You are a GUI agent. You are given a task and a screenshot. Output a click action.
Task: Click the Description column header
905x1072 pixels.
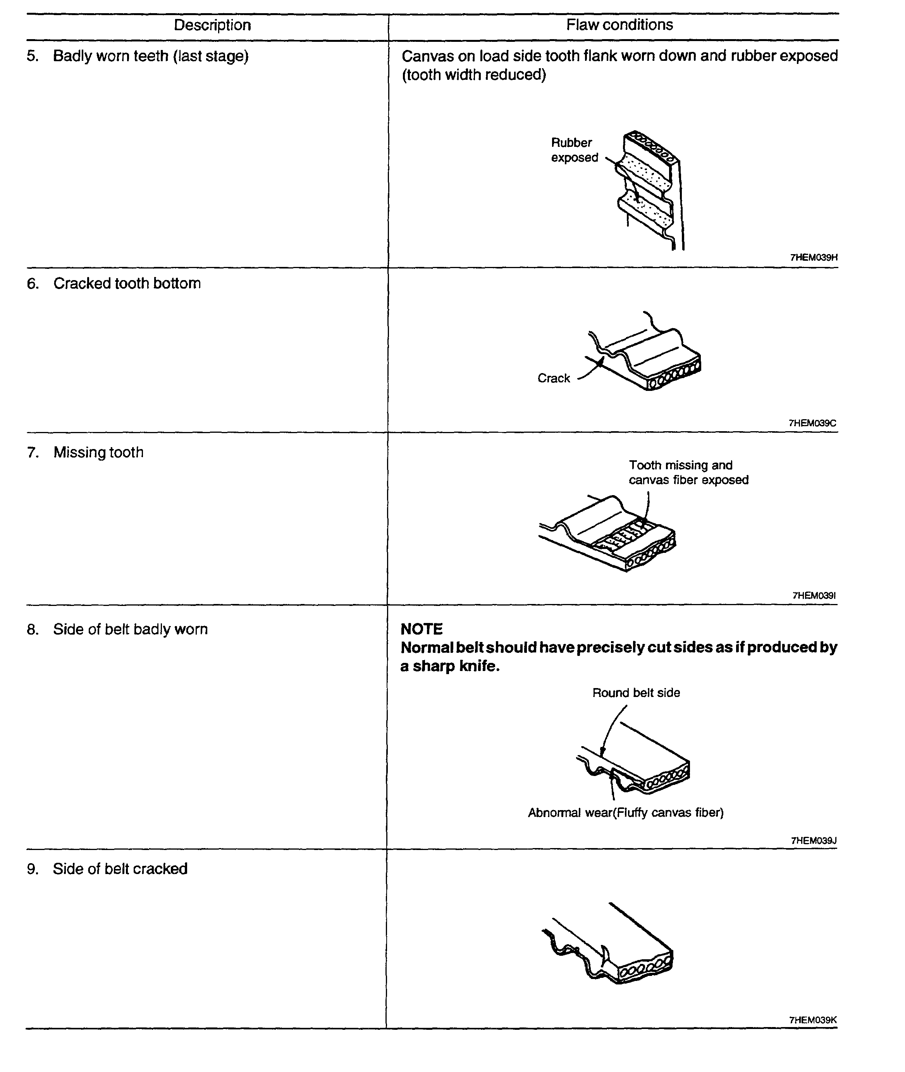(x=212, y=25)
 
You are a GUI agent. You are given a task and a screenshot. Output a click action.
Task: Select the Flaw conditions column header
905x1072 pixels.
(x=619, y=25)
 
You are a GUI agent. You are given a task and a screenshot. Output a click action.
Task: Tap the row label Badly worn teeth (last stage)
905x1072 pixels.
(x=150, y=56)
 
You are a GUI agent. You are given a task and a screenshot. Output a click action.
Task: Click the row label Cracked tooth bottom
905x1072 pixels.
(x=127, y=284)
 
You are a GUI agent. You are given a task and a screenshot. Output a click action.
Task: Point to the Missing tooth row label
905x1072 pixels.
(x=98, y=453)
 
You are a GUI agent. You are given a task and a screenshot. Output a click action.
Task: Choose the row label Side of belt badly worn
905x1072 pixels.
(x=130, y=629)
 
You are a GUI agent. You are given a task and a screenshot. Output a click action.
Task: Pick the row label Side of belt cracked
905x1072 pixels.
(x=120, y=869)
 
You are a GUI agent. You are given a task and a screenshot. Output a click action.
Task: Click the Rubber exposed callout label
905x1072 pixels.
(x=574, y=150)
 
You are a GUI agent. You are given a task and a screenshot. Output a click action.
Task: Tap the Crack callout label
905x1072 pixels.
(x=554, y=378)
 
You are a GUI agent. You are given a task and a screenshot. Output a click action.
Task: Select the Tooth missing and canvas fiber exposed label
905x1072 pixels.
(x=688, y=472)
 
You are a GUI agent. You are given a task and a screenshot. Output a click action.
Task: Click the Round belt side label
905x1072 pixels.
(x=636, y=693)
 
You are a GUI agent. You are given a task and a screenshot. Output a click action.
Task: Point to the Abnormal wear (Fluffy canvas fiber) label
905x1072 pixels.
(x=625, y=813)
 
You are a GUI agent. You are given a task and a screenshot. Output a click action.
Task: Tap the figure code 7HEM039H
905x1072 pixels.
(x=814, y=258)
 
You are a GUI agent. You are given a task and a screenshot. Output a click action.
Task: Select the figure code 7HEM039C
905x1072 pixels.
(x=812, y=423)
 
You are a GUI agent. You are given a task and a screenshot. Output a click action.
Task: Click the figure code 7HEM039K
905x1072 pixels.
(x=813, y=1020)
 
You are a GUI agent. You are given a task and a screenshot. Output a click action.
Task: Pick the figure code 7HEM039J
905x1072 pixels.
(x=813, y=841)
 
